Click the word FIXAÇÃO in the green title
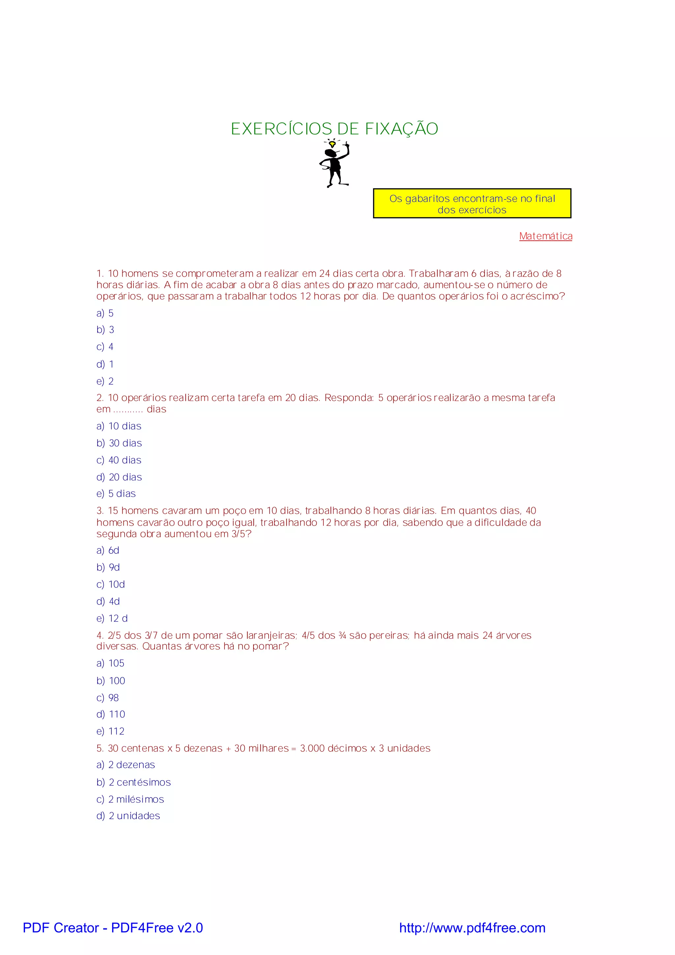click(x=401, y=129)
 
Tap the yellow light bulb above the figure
click(x=332, y=144)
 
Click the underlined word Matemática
click(x=545, y=236)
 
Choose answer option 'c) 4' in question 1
click(x=105, y=347)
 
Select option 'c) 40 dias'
click(x=119, y=460)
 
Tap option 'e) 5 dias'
click(x=116, y=494)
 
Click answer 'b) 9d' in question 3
click(x=108, y=567)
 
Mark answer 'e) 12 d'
click(x=112, y=619)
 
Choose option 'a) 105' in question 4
click(x=110, y=663)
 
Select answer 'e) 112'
click(x=110, y=731)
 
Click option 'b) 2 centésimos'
click(x=133, y=783)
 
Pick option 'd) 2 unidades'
click(x=128, y=816)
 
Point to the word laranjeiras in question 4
click(x=271, y=635)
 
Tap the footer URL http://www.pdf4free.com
click(x=472, y=928)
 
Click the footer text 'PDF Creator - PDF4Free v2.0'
click(x=113, y=928)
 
